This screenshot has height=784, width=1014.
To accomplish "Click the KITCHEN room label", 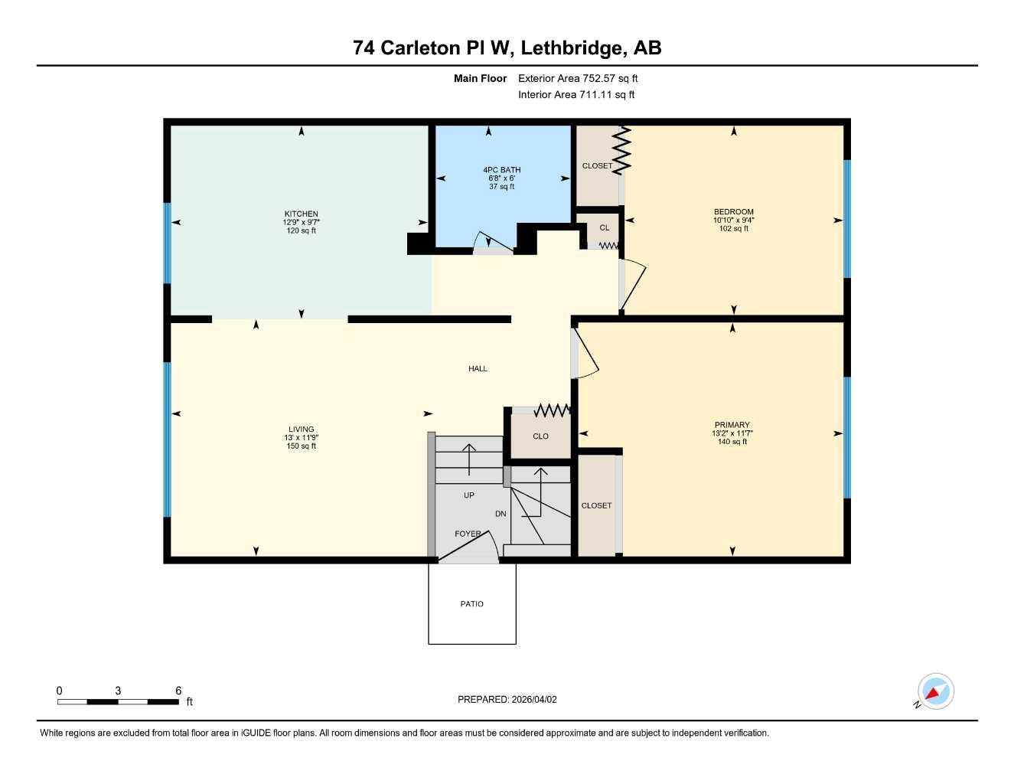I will click(x=301, y=214).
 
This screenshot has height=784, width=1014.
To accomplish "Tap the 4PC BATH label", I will click(x=501, y=170).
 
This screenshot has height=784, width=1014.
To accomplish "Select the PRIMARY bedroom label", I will click(x=732, y=425).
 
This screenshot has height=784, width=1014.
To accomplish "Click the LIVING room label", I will click(x=301, y=430).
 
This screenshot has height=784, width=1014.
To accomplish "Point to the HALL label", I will click(x=478, y=369).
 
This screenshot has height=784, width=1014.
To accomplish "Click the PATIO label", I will click(x=471, y=604).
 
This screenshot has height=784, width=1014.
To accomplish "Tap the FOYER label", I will click(x=468, y=534).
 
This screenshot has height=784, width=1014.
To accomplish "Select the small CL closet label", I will click(x=604, y=227).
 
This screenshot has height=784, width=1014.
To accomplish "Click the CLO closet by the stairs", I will click(x=540, y=436).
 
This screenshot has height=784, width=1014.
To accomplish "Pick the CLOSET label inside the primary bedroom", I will click(x=596, y=505).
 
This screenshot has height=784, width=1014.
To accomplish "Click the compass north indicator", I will click(x=935, y=692).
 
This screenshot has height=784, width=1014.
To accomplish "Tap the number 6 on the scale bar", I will click(x=178, y=691).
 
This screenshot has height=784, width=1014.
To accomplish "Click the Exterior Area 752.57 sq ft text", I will click(x=578, y=78).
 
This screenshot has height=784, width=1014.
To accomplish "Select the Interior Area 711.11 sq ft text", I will click(x=576, y=95).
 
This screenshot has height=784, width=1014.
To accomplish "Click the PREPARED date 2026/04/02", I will click(x=507, y=700).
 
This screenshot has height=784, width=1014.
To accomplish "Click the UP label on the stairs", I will click(x=468, y=495).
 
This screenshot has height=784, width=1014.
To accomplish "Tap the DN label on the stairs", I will click(x=500, y=514).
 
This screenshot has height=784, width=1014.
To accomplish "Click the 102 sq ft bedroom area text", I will click(x=733, y=229).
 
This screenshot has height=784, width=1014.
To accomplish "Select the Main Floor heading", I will click(x=480, y=78).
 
